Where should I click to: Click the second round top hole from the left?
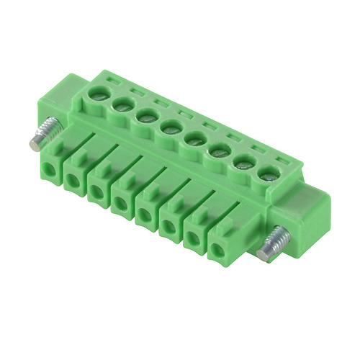[x=121, y=105]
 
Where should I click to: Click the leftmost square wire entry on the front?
[x=49, y=169]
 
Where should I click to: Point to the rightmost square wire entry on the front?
[x=216, y=251]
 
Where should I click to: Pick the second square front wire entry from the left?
[x=73, y=181]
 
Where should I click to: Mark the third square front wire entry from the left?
[x=96, y=193]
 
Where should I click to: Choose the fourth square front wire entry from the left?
[x=120, y=204]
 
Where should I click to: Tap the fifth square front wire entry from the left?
[x=145, y=215]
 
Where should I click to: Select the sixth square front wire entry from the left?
[x=168, y=228]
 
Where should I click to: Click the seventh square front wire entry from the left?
[x=192, y=239]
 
